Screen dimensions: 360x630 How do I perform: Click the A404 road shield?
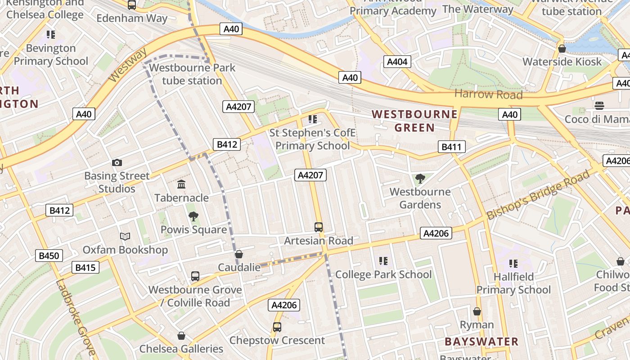coord(397,62)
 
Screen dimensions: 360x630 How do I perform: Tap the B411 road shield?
coord(451,147)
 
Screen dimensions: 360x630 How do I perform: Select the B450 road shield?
coord(49,256)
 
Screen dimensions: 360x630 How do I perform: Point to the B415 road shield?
coord(85,268)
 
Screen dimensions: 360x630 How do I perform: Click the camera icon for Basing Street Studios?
coord(117,163)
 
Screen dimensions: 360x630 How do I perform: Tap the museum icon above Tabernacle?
coord(181,184)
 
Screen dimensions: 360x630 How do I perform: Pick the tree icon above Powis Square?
coord(193,216)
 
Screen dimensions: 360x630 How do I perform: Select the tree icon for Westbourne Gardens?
coord(420,179)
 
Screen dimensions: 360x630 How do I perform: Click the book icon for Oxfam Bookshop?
coord(125,236)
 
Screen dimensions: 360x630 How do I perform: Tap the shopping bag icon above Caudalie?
coord(239,255)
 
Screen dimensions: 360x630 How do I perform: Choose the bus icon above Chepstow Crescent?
coord(277,327)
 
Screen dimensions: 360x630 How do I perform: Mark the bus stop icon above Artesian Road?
coord(319,227)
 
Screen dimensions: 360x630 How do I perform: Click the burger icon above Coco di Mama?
coord(599,106)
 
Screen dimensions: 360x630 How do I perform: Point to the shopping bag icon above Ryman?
coord(477,311)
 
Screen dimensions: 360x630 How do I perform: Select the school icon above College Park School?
coord(383,261)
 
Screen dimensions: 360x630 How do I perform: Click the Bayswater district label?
coord(481,342)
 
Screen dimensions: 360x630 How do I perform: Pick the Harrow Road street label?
coord(488,94)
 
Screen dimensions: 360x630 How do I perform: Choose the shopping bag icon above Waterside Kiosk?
coord(562,49)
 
